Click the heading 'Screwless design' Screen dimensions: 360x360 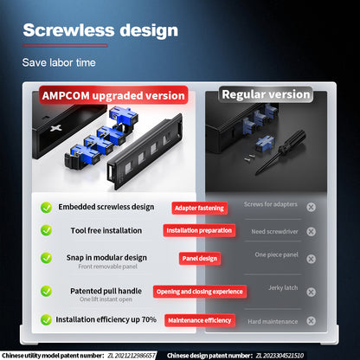coord(100,30)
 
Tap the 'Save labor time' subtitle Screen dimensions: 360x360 coord(59,62)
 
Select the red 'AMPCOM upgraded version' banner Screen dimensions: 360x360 coord(112,95)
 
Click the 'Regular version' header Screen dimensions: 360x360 coord(266,93)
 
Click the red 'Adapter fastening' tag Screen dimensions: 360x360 coord(200,208)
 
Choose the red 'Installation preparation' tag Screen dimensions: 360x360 coord(200,231)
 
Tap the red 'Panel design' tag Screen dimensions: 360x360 coord(200,258)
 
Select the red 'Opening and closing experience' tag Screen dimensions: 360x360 coord(200,292)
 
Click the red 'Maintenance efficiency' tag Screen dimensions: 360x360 coord(200,320)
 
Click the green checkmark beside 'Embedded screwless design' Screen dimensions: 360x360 coord(46,208)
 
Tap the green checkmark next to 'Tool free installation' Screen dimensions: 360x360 coord(46,231)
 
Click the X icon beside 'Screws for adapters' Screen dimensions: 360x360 coord(311,207)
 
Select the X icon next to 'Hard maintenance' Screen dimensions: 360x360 coord(311,321)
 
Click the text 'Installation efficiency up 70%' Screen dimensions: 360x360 coord(106,319)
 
